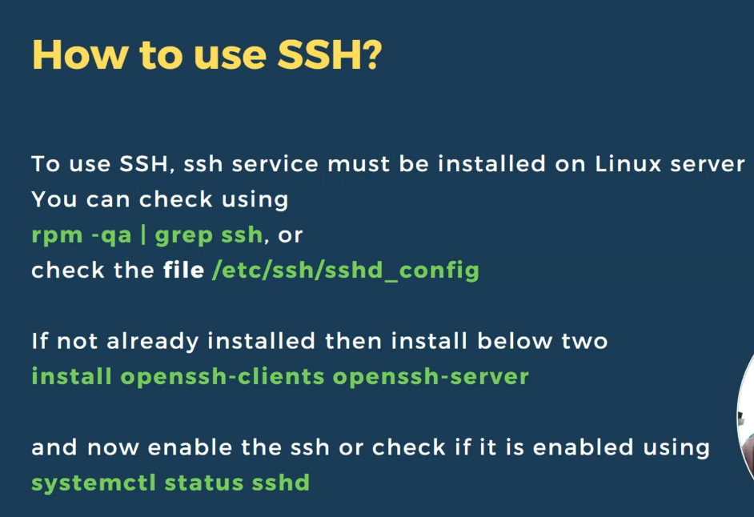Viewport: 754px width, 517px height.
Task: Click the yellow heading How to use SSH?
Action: pos(207,55)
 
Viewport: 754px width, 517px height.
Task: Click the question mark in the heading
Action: pos(371,55)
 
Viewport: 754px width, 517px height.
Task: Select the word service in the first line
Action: pos(275,164)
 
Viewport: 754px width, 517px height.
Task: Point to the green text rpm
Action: pos(57,236)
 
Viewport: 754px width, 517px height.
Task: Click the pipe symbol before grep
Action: pos(143,234)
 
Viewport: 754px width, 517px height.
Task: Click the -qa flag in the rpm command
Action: pos(111,236)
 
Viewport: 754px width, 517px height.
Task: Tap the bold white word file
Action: pos(183,270)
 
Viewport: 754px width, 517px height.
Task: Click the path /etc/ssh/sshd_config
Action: pos(346,271)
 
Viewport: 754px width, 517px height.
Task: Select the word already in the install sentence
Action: pos(152,342)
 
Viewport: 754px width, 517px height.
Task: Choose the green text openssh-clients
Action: pos(223,377)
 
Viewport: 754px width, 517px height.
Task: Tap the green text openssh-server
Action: pos(431,377)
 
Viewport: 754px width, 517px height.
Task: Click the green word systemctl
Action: pos(94,483)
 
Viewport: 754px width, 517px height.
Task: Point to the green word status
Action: pos(204,483)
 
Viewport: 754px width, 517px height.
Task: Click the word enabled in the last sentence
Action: pos(584,447)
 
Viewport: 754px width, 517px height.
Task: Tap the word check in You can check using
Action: pos(175,199)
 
